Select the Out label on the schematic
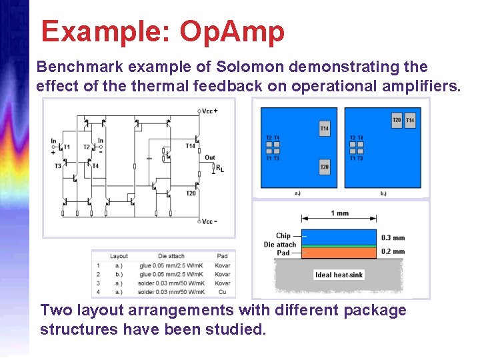coord(210,158)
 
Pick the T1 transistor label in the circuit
coord(66,147)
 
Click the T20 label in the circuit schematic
coord(191,193)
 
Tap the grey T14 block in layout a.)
coord(324,128)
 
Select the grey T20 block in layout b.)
coord(397,120)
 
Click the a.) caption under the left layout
coord(297,194)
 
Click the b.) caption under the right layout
coord(383,194)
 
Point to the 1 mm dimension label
coord(339,213)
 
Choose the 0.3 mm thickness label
coord(393,238)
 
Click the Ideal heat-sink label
coord(339,275)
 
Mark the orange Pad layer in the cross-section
coord(339,253)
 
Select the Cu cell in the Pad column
coord(222,292)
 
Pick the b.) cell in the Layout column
coord(119,274)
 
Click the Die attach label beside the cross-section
coord(279,245)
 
